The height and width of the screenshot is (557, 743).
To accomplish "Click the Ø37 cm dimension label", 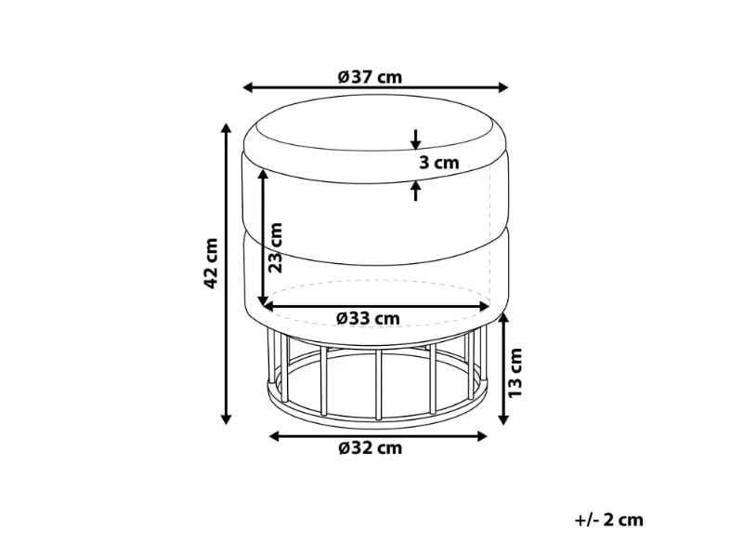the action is click(x=370, y=77).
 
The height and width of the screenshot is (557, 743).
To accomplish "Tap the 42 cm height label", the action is click(x=211, y=263).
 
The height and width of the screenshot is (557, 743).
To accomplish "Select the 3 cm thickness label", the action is click(x=439, y=163).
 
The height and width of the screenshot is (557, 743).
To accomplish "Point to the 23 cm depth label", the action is click(x=275, y=247).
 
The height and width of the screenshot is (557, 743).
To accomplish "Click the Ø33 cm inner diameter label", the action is click(x=368, y=318).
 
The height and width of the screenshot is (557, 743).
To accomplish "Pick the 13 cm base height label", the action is click(x=515, y=373).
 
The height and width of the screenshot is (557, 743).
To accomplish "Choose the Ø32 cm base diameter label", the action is click(x=371, y=448).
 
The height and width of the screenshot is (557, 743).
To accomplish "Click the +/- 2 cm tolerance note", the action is click(x=609, y=520).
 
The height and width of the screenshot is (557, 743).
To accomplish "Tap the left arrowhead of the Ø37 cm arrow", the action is click(x=248, y=87).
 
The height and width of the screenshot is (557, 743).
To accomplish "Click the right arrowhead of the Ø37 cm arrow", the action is click(x=502, y=87).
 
